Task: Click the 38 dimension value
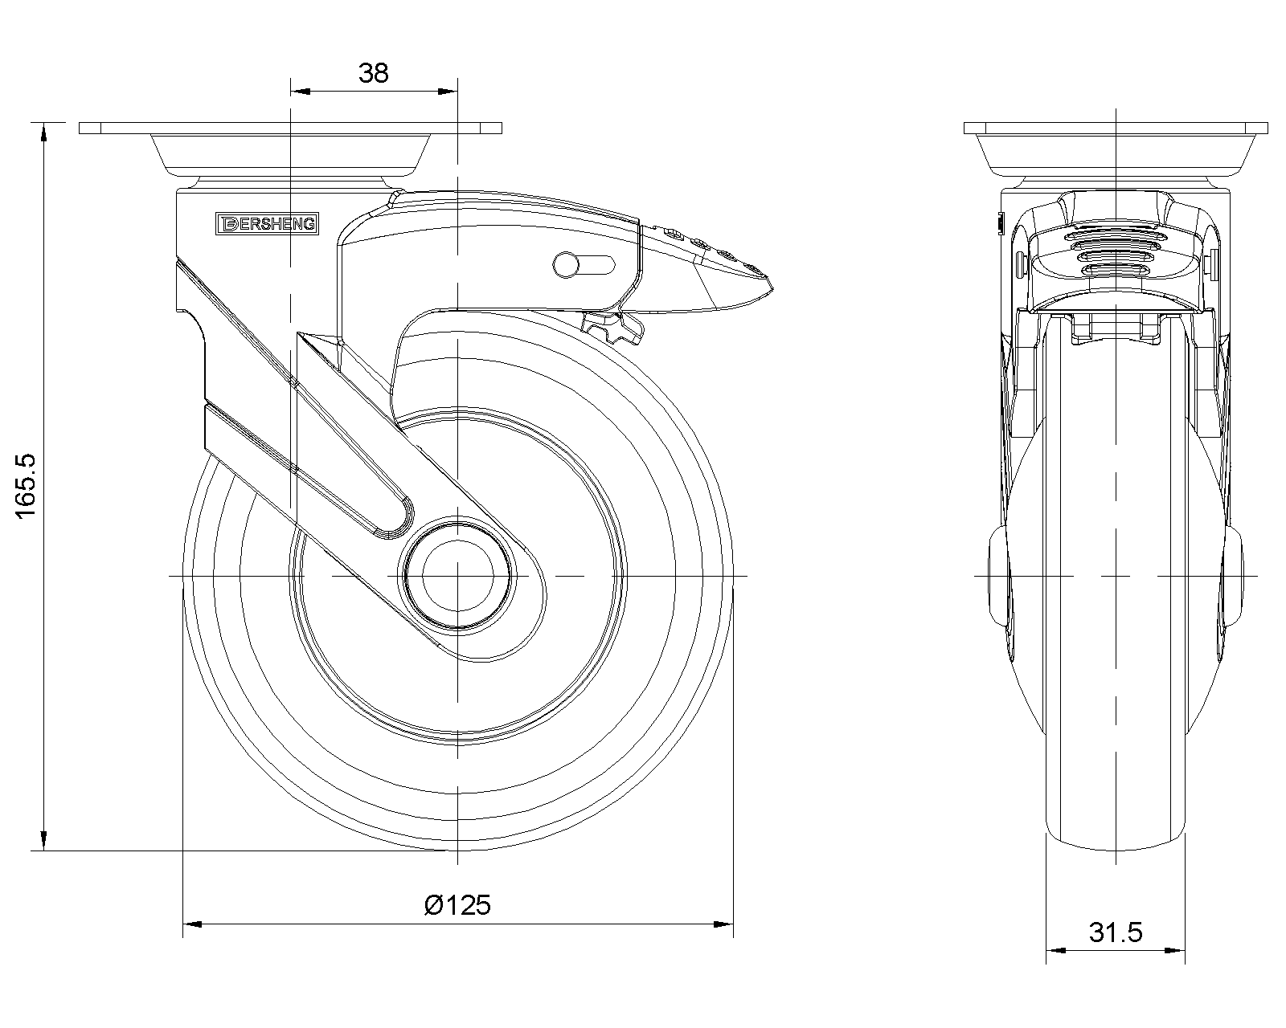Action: click(374, 73)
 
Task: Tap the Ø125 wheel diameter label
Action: click(457, 905)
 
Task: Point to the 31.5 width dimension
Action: click(1116, 932)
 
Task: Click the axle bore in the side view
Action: click(457, 576)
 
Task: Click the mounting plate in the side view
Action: click(290, 128)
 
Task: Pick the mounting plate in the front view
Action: click(1116, 128)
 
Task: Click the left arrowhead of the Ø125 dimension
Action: click(191, 924)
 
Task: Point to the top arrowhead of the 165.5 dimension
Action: click(43, 130)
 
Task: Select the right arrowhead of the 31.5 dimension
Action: click(1178, 951)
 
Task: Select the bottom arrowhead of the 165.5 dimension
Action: click(43, 842)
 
